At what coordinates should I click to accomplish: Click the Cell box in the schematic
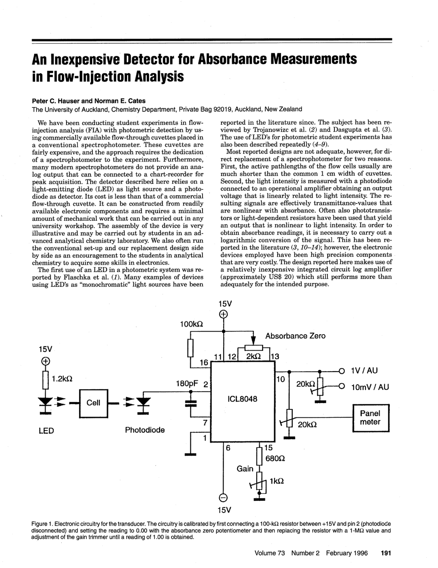pos(93,403)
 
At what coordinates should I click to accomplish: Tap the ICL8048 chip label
pos(242,399)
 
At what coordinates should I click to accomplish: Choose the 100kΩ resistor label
pos(192,323)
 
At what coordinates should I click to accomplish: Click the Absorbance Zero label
pos(295,336)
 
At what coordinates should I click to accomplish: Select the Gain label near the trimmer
pos(245,468)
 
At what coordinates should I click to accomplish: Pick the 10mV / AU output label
pos(369,387)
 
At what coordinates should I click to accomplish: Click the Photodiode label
pos(145,430)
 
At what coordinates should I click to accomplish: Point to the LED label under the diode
pos(46,431)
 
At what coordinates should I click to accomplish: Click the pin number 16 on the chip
pos(204,363)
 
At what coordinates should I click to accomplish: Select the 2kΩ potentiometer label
pos(253,356)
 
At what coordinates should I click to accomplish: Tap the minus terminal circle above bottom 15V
pos(223,497)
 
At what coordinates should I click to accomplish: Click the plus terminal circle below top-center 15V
pos(223,314)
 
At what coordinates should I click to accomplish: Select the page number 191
pos(385,553)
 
